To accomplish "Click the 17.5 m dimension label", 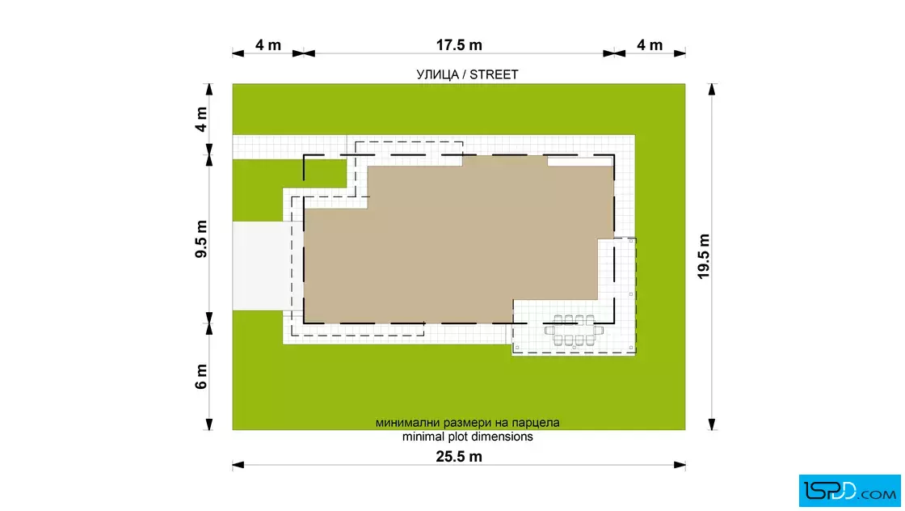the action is click(459, 45).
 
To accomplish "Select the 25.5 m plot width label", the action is click(459, 457).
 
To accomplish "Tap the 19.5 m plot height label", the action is click(704, 256).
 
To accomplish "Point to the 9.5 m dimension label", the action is click(201, 239).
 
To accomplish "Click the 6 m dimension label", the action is click(201, 377).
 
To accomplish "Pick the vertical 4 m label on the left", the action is click(201, 120).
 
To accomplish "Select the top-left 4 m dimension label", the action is click(268, 45).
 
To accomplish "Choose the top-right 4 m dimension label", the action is click(650, 45).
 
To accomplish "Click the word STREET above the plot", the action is click(494, 74).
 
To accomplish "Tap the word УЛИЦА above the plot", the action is click(438, 75).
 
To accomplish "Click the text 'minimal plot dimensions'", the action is click(468, 437).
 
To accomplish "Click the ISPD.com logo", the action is click(849, 491).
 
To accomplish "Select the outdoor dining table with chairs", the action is click(575, 331).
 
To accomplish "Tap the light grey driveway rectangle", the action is click(262, 265).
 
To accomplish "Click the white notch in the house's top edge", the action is click(579, 162).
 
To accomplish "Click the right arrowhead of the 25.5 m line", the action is click(680, 465).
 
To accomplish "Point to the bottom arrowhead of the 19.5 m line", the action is click(712, 424).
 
